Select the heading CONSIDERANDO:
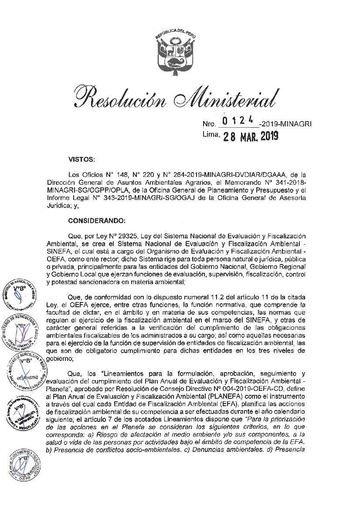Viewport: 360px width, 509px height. pos(97,220)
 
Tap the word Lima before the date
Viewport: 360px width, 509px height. pos(211,135)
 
